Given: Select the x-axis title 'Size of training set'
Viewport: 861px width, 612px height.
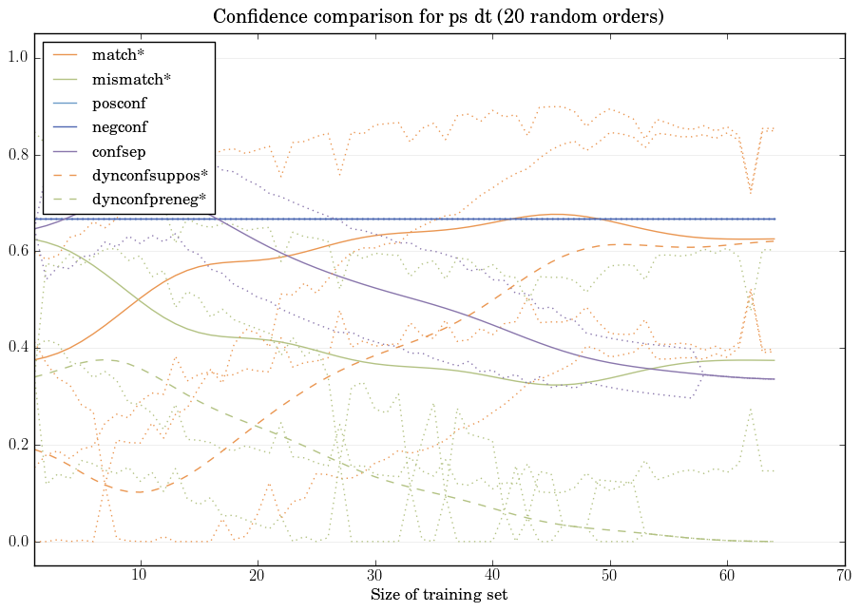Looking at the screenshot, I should point(438,596).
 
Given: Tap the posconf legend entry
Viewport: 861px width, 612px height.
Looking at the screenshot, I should point(119,103).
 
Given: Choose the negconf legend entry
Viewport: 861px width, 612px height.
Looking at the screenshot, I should point(120,126).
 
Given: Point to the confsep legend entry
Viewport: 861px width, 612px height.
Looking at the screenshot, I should point(118,150).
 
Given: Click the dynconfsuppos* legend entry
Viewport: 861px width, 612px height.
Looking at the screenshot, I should point(148,176).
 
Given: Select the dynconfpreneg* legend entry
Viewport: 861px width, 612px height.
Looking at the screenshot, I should point(148,200).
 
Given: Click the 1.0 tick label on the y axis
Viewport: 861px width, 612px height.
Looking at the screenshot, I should point(18,59).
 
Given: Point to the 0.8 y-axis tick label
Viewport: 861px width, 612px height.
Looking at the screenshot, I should point(18,155).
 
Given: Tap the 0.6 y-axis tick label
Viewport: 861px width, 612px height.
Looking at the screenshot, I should point(18,252).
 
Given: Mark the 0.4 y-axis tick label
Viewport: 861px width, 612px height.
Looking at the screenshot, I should point(18,349).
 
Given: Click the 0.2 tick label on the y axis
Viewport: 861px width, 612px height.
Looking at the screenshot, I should point(18,446).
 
